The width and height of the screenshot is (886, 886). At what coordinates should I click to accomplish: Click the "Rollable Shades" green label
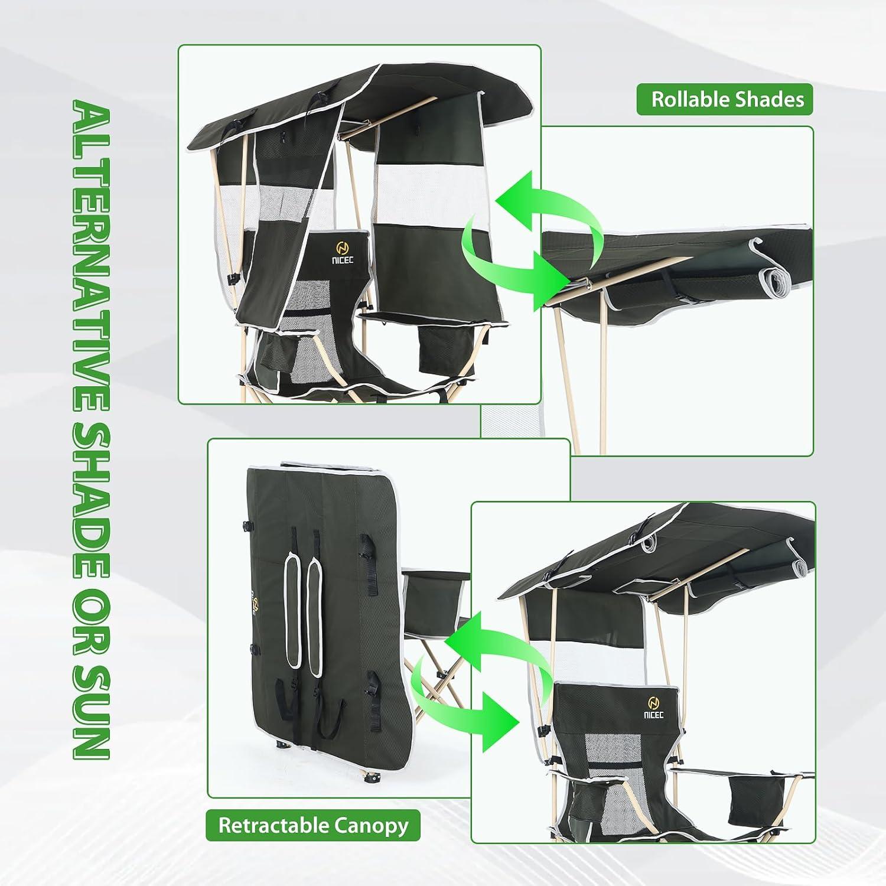pyautogui.click(x=725, y=99)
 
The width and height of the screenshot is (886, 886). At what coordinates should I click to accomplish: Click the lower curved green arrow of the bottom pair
pyautogui.click(x=467, y=700)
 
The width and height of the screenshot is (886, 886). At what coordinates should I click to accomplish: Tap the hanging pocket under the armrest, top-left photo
pyautogui.click(x=435, y=346)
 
